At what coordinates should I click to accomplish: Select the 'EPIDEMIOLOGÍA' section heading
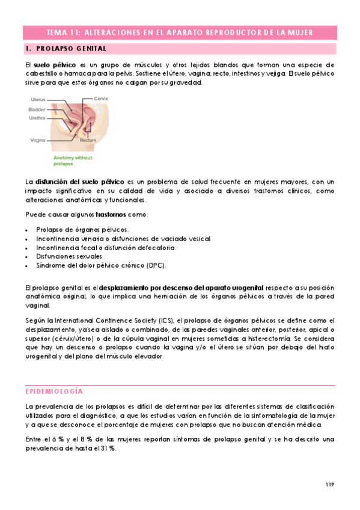[58, 373]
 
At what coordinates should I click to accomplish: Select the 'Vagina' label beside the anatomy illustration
[38, 140]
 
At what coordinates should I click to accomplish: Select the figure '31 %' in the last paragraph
[108, 449]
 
